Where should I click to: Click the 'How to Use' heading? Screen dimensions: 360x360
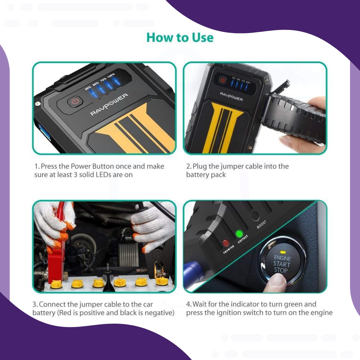pyautogui.click(x=180, y=37)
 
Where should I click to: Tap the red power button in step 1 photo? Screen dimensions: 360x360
pyautogui.click(x=75, y=101)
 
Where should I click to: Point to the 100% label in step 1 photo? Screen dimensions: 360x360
pyautogui.click(x=111, y=75)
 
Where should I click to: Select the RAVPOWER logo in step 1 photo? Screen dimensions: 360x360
pyautogui.click(x=109, y=104)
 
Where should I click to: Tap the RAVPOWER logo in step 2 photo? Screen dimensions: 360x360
pyautogui.click(x=231, y=96)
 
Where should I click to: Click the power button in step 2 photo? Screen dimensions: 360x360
pyautogui.click(x=222, y=80)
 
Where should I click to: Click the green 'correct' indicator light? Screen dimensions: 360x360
pyautogui.click(x=239, y=234)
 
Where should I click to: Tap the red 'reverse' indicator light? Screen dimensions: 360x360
pyautogui.click(x=226, y=243)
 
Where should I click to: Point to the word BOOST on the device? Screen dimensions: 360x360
pyautogui.click(x=262, y=225)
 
